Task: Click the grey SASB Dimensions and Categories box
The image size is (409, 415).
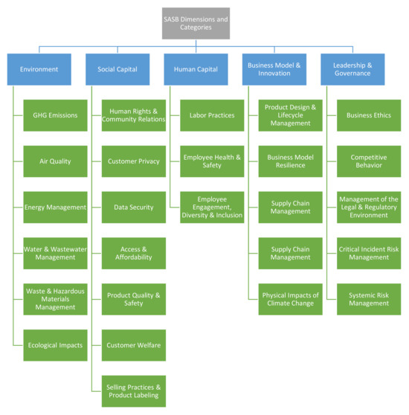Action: point(197,22)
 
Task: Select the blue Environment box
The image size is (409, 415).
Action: point(39,68)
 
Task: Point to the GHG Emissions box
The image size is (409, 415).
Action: point(55,115)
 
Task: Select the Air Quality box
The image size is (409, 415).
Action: point(55,161)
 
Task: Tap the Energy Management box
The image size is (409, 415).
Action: point(55,207)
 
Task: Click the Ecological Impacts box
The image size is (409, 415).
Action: point(55,345)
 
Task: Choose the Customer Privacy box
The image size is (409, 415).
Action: point(134,161)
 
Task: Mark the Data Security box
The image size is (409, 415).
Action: point(134,207)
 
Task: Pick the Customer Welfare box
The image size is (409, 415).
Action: point(134,345)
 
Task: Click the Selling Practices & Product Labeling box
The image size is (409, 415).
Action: point(134,391)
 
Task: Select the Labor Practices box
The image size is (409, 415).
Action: point(213,115)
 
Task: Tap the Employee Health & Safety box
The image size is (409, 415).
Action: point(213,161)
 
